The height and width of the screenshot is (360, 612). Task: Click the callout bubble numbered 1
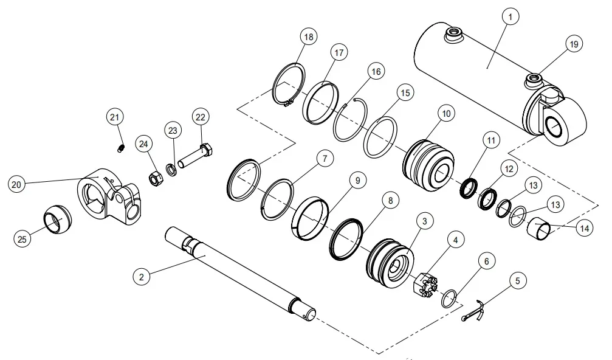510,18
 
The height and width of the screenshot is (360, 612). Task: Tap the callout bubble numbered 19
574,44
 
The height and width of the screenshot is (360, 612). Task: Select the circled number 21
115,116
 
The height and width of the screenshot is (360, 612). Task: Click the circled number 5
517,282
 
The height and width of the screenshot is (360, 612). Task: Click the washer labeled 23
173,167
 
